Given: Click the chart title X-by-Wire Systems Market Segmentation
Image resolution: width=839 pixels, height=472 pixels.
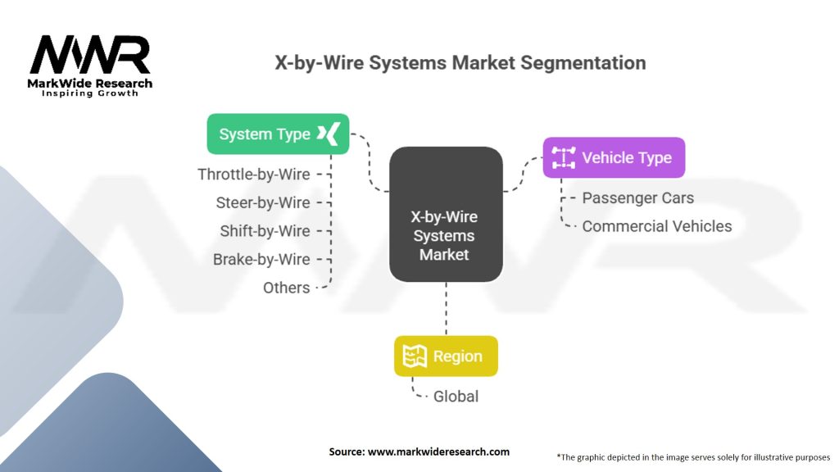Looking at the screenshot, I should click(x=459, y=63).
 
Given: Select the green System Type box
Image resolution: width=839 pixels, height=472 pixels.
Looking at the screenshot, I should click(x=278, y=134).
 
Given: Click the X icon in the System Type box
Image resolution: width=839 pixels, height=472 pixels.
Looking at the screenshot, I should click(x=332, y=134).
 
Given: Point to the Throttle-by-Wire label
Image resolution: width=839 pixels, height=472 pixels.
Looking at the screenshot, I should click(x=254, y=175).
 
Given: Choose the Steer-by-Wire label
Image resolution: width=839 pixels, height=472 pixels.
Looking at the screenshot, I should click(x=263, y=202).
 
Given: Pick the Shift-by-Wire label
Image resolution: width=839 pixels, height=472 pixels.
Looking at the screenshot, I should click(x=265, y=231).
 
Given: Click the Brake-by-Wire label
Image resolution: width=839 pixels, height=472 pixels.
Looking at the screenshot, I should click(x=261, y=259).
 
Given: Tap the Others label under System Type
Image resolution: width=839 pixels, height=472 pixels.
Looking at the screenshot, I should click(x=286, y=288).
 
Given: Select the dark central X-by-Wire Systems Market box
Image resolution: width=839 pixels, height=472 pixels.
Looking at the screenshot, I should click(x=445, y=215).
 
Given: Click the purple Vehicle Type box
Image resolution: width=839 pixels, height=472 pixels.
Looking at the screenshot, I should click(x=613, y=157).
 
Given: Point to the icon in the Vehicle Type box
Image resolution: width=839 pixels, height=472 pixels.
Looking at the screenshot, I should click(x=563, y=157).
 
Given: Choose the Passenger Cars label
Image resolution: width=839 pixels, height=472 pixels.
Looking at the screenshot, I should click(x=637, y=198).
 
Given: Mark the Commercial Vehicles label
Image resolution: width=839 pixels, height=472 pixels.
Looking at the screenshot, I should click(x=656, y=226).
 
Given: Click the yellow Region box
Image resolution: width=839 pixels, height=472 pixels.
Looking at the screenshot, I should click(x=446, y=356).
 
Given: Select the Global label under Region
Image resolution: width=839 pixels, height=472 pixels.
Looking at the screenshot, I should click(x=456, y=397).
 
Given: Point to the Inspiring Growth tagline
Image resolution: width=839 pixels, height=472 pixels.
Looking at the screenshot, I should click(x=90, y=93).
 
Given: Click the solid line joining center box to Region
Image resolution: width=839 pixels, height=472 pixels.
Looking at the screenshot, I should click(x=446, y=309).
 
